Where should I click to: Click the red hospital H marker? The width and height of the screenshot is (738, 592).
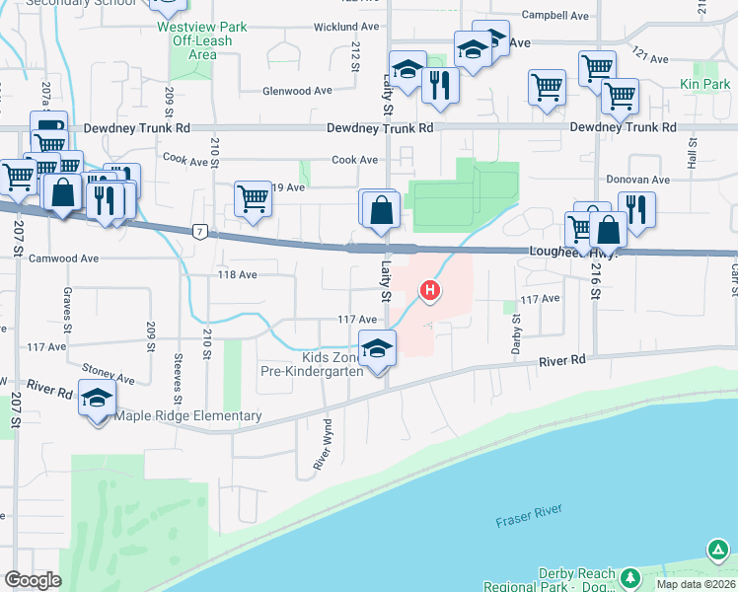[x=430, y=290]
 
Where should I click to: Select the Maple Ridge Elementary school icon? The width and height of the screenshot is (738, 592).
[x=98, y=399]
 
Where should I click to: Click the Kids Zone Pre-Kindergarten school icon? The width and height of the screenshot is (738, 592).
[x=377, y=347]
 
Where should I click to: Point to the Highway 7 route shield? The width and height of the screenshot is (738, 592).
[x=199, y=230]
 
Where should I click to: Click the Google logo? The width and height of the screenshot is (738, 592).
[x=33, y=580]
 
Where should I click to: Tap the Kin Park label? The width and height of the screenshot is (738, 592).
[x=704, y=86]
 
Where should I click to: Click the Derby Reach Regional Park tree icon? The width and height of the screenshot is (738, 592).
[x=717, y=550]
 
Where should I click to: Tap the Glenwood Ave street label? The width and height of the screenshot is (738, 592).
[x=296, y=91]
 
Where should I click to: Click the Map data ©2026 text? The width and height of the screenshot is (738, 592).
[x=694, y=584]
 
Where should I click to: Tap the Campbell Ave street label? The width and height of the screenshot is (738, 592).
[x=556, y=16]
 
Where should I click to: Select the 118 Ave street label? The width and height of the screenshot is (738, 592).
[x=239, y=275]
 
